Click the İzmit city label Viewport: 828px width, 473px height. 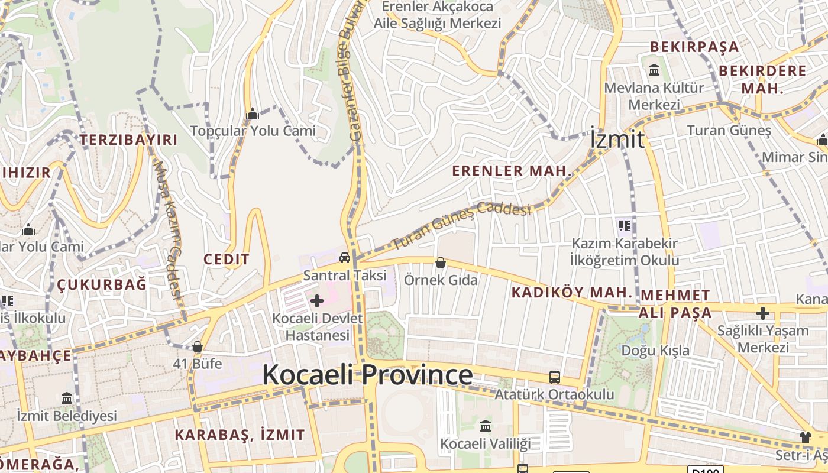point(617,140)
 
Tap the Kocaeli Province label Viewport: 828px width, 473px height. point(367,375)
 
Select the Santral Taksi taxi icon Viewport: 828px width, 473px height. point(344,257)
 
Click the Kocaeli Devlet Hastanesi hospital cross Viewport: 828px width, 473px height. point(317,301)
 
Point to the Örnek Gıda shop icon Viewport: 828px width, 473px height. point(440,262)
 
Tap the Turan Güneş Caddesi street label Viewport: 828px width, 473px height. point(462,224)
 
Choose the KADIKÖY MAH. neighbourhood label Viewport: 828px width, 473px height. point(572,292)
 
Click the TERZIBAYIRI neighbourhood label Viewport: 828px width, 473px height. point(129,140)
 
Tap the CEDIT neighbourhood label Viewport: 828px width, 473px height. point(227,259)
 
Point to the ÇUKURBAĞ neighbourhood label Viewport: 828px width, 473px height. point(102,285)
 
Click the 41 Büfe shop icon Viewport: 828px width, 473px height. point(198,346)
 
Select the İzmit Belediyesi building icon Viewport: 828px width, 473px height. point(66,398)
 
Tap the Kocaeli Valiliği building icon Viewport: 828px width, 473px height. point(486,426)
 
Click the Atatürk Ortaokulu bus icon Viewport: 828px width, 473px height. point(555,377)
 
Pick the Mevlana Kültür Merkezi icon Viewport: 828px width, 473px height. point(654,70)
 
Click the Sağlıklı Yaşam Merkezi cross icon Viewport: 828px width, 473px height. point(763,313)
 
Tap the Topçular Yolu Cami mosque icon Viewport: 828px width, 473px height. point(253,114)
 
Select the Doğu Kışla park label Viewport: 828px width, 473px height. point(655,351)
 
